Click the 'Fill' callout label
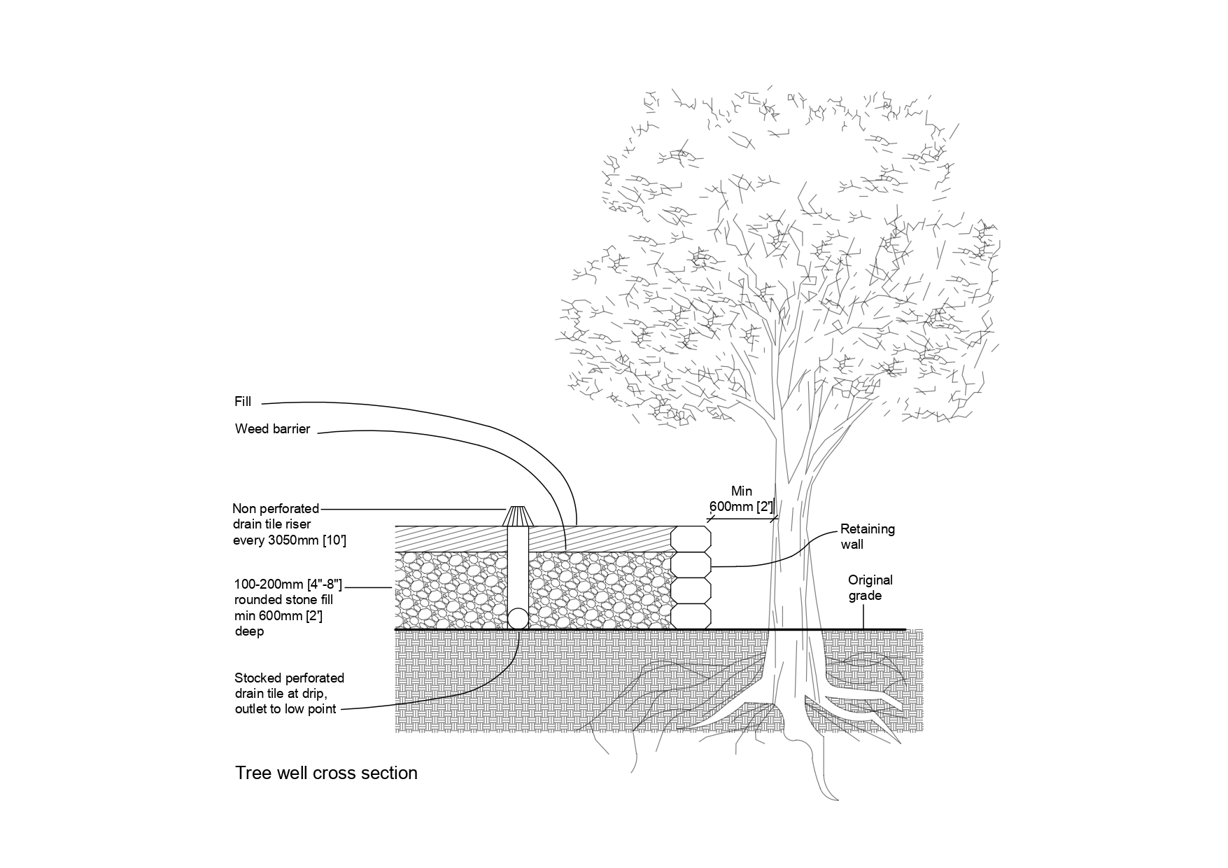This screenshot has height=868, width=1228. (242, 402)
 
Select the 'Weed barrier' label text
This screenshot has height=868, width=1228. (272, 429)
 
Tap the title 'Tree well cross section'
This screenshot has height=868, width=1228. (326, 773)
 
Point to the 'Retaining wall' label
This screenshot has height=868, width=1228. (867, 536)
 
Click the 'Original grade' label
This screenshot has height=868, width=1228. (870, 588)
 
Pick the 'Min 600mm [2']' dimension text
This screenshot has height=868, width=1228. (741, 499)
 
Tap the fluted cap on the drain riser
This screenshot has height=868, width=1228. (518, 517)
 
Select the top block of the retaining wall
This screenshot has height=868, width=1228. (691, 539)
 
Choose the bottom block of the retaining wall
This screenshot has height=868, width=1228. (691, 616)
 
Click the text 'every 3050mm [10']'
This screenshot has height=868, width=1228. (289, 540)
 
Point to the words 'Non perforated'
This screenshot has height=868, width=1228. (275, 509)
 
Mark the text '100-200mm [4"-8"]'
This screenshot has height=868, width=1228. (288, 584)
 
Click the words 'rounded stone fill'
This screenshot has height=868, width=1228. (283, 600)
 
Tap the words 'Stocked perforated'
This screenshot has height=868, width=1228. (289, 678)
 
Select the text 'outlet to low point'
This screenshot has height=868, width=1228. (285, 709)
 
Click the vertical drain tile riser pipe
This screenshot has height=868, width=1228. (518, 567)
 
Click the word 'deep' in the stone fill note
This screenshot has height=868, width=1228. (249, 631)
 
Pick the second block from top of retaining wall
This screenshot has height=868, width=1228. (691, 564)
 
